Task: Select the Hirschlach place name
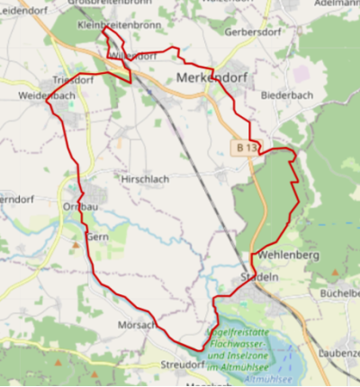point(143,179)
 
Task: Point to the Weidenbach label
point(45,94)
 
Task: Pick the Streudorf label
point(182,364)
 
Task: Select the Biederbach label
point(284,94)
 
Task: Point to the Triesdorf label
point(73,79)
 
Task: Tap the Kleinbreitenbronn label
point(119,25)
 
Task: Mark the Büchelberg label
point(338,293)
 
